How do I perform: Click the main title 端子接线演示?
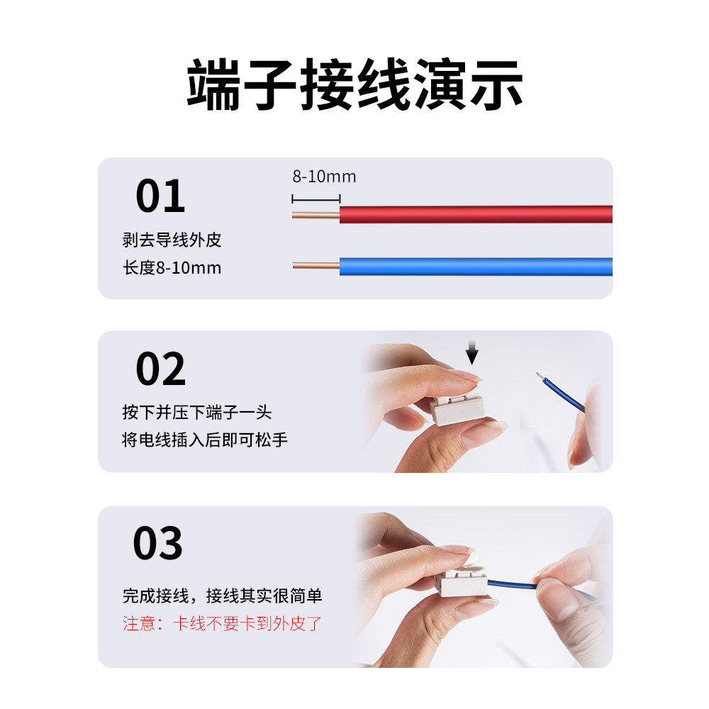[354, 86]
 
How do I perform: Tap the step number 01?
[160, 196]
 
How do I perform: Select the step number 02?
[160, 369]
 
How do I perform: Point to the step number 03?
[158, 544]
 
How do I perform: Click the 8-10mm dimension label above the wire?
[324, 177]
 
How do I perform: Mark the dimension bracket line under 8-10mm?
[316, 199]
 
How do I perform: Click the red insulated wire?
[475, 214]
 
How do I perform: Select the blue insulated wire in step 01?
[475, 267]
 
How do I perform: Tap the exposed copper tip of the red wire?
[316, 215]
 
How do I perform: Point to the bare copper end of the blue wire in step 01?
[316, 267]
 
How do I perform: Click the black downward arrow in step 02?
[473, 352]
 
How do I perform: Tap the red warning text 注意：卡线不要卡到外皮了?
[223, 624]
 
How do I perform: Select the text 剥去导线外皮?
[172, 240]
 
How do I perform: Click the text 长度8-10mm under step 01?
[172, 268]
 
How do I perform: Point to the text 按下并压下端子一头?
[196, 413]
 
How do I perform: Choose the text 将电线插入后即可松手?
[205, 440]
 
